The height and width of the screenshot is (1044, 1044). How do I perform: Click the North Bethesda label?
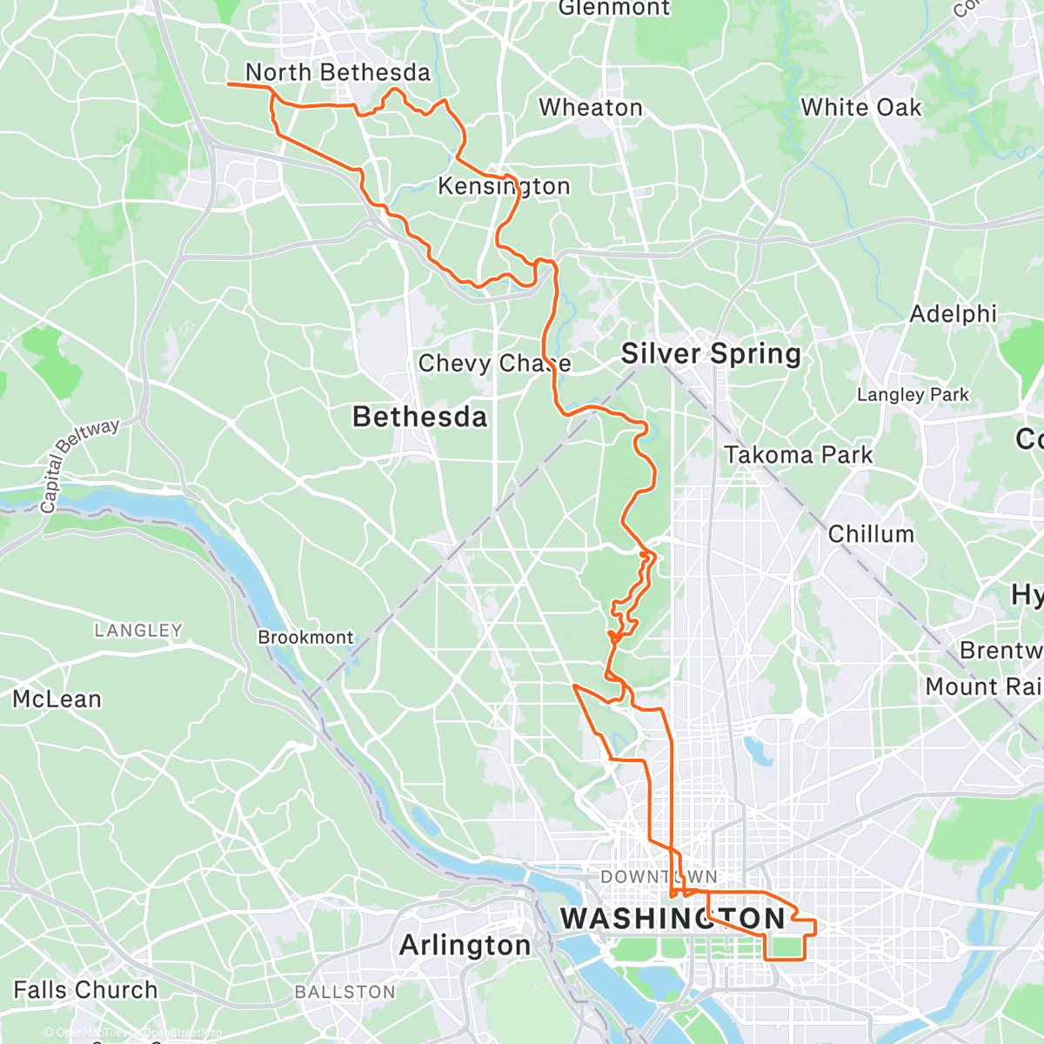coord(338,72)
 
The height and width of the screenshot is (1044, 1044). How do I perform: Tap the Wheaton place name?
coord(591,108)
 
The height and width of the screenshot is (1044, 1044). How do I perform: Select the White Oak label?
coord(860,107)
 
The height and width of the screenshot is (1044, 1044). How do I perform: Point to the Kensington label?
coord(504,186)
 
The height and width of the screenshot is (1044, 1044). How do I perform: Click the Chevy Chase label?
coord(494,363)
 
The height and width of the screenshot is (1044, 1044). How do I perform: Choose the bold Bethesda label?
coord(419,417)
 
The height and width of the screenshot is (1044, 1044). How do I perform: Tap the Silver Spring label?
coord(711,354)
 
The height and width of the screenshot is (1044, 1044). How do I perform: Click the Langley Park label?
coord(913,395)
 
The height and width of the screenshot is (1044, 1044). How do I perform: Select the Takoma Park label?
coord(798,455)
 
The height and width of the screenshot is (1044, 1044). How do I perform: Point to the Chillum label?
coord(871,534)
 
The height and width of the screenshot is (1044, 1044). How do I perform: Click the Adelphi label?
coord(953,314)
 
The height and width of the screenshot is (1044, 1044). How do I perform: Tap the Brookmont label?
coord(305,637)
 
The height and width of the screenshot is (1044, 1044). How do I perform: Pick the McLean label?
coord(57,699)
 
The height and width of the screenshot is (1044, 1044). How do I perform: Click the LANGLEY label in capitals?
coord(138,630)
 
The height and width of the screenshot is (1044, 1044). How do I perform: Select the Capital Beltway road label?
coord(79,466)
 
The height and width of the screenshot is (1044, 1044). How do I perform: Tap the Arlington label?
coord(465,946)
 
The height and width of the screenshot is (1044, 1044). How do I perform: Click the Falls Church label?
coord(85,990)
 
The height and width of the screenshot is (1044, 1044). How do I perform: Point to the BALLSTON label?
coord(345,992)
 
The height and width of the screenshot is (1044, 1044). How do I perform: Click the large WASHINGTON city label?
coord(673,918)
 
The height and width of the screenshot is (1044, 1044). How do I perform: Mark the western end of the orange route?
coord(229,84)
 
